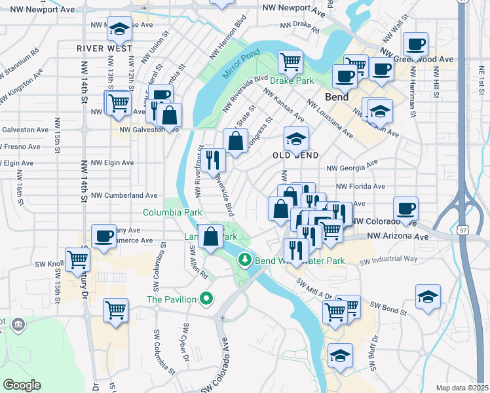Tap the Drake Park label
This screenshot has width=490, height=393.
[292, 81]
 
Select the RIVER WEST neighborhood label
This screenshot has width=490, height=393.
[100, 48]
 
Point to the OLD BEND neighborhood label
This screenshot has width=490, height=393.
[295, 155]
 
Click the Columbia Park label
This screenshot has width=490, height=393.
[173, 213]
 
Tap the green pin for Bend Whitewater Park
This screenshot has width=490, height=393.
[245, 260]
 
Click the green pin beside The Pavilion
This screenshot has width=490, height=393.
[207, 299]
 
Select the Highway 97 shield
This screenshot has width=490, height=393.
[464, 231]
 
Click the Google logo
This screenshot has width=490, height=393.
[22, 385]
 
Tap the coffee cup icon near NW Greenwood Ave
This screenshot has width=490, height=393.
[415, 45]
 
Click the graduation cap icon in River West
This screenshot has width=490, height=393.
[119, 29]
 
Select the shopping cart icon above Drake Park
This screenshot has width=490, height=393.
[290, 62]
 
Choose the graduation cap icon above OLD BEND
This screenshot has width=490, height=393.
[295, 138]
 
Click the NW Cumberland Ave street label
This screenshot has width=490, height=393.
[124, 195]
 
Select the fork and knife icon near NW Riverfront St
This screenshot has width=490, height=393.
[212, 160]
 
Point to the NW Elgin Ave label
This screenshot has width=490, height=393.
[112, 162]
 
